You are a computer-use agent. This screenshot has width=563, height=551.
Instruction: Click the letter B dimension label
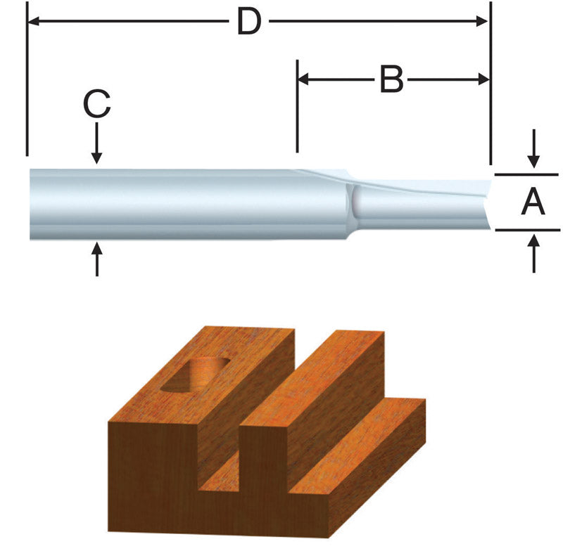point(392,80)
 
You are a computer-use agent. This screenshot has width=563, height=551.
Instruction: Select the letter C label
point(96,106)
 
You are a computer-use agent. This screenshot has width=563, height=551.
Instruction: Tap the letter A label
point(533,203)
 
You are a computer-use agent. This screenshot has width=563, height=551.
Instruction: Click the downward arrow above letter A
point(534,150)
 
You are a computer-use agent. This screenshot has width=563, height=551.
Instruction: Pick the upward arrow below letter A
point(534,254)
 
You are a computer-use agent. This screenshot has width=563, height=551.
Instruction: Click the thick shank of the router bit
point(176,204)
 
